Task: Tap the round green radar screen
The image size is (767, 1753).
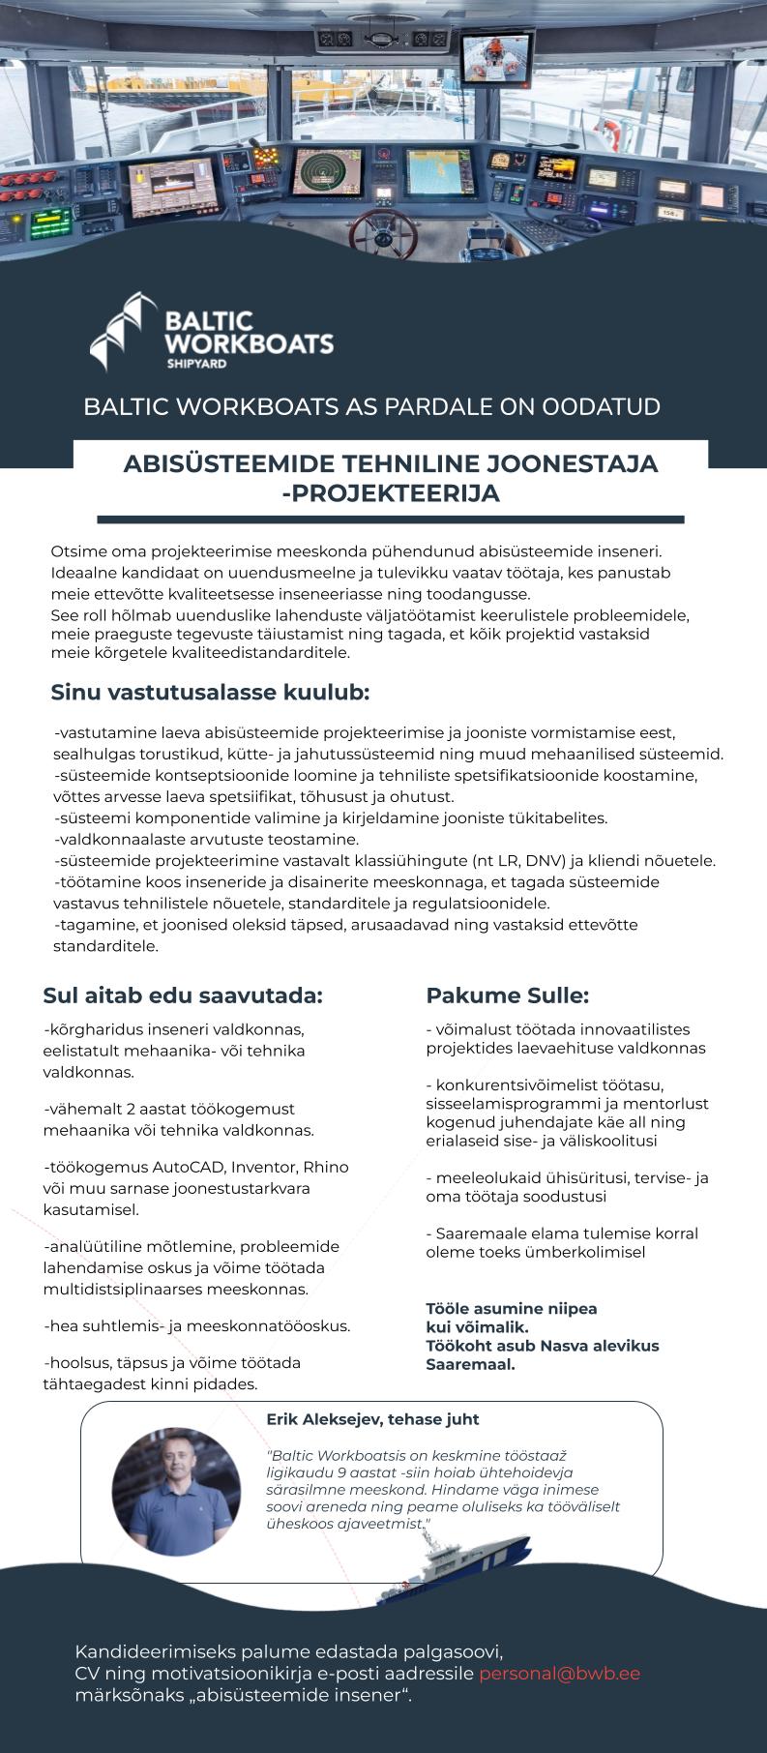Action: click(x=321, y=174)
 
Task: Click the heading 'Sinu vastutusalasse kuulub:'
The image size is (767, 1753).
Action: click(x=210, y=694)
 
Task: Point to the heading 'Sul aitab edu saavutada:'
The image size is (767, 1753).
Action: click(x=183, y=995)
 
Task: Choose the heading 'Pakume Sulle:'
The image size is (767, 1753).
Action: click(x=508, y=995)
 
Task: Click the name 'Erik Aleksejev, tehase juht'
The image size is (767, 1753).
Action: click(x=372, y=1419)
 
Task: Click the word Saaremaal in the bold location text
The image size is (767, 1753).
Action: click(x=471, y=1365)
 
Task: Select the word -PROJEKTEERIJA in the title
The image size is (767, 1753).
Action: click(x=390, y=493)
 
